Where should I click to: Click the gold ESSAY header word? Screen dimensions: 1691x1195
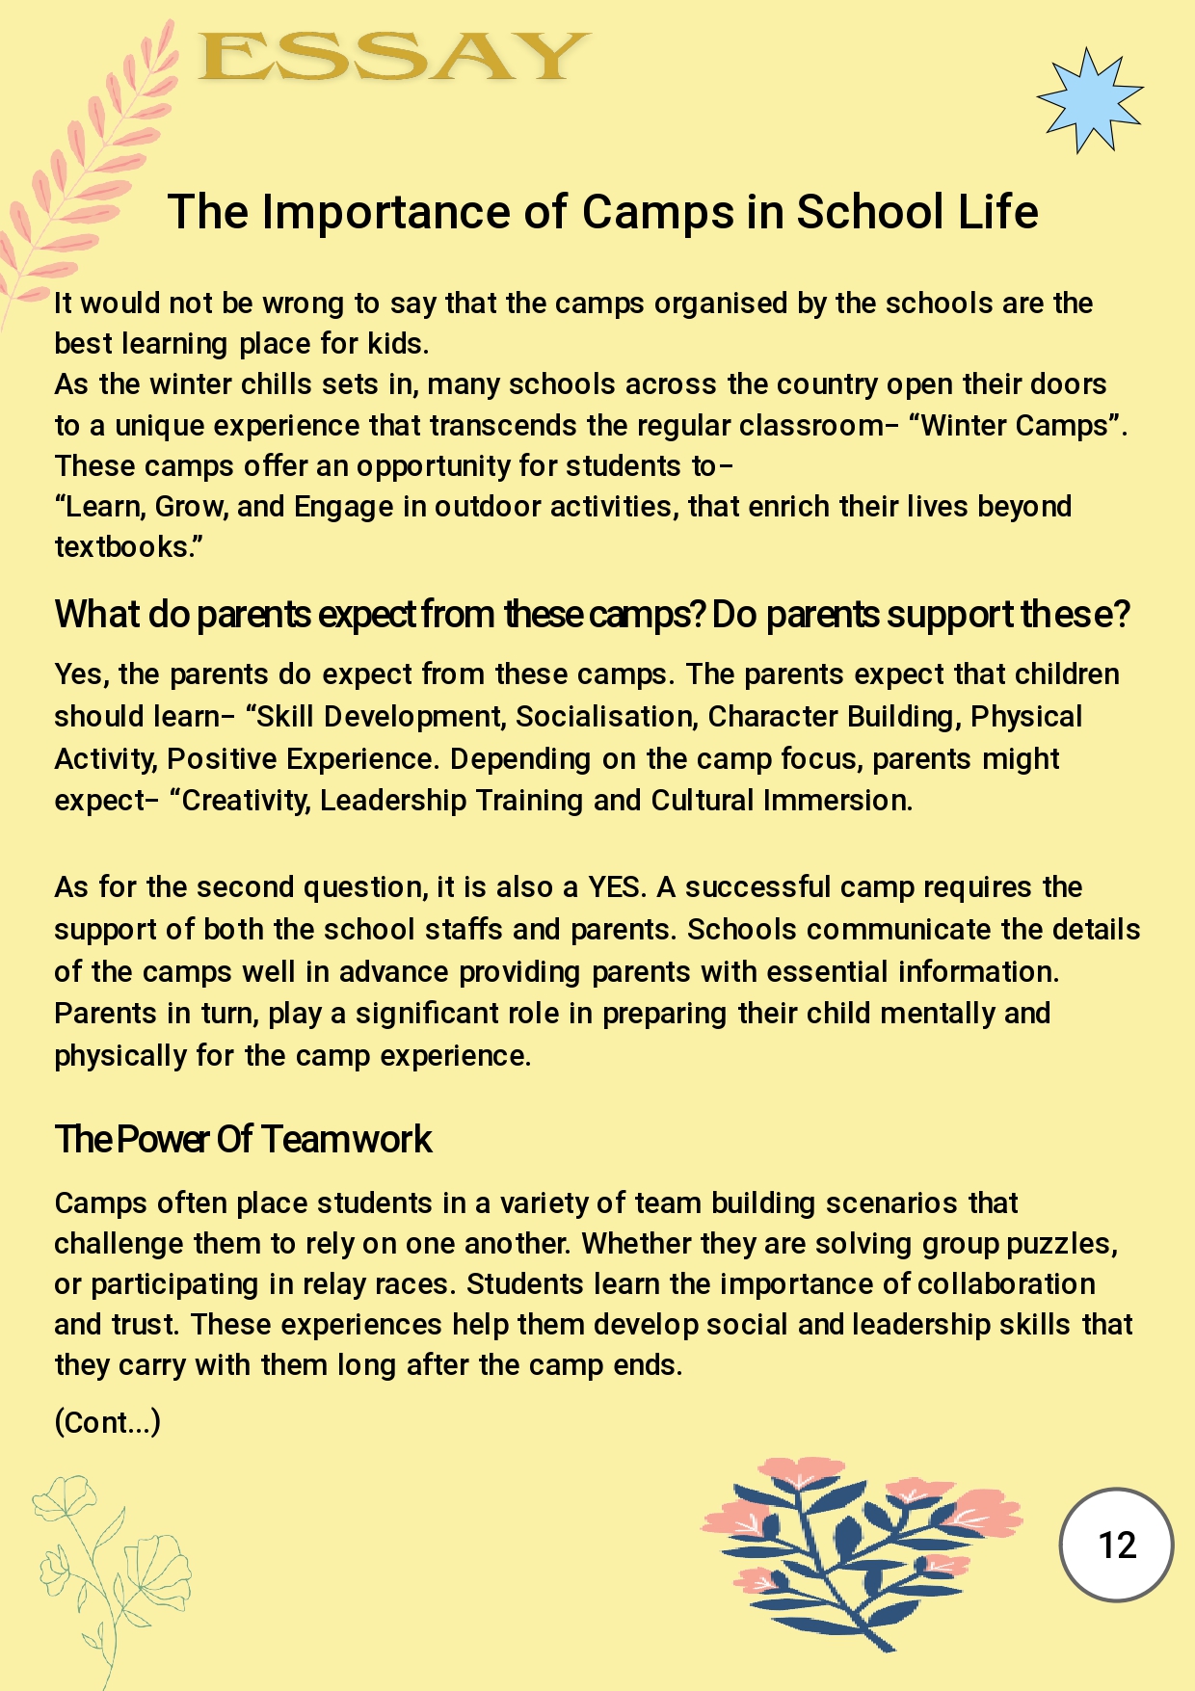[x=393, y=57]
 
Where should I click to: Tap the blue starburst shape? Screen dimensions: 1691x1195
[x=1089, y=99]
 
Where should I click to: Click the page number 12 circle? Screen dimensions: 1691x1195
[x=1116, y=1546]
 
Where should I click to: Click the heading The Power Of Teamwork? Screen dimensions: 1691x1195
[x=243, y=1139]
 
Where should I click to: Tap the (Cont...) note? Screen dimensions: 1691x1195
[x=107, y=1422]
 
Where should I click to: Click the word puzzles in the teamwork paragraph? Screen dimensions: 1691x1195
[x=1061, y=1244]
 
